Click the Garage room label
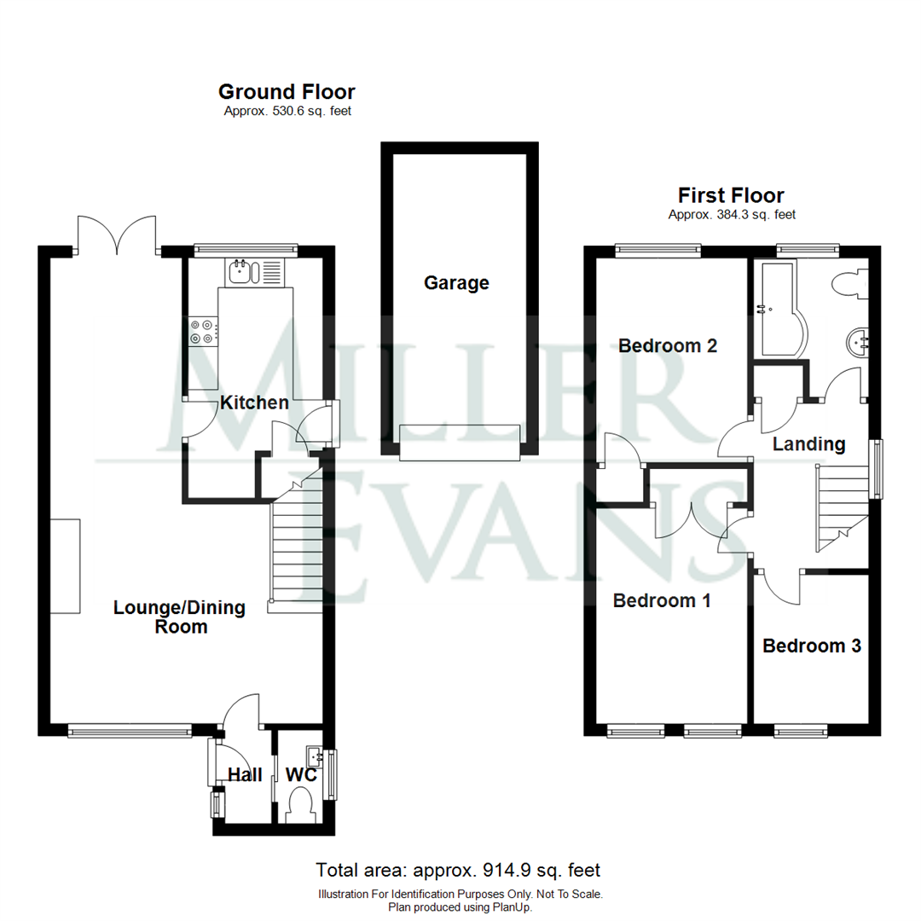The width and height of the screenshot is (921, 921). tap(456, 283)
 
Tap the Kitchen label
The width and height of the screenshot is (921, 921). tap(254, 403)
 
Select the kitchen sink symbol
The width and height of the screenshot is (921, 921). tap(254, 273)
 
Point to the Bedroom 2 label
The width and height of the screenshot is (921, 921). tap(668, 345)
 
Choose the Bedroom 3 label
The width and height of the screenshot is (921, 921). tap(812, 646)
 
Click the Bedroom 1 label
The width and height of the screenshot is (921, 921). tap(662, 601)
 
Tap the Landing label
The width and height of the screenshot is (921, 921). tap(808, 444)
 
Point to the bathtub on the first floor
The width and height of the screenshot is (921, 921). tap(780, 309)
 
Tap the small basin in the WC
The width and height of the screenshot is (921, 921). tap(314, 754)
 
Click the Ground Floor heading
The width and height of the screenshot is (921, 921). tap(287, 91)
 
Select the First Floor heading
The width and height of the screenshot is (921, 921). tap(732, 195)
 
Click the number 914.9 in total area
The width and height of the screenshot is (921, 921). tap(508, 870)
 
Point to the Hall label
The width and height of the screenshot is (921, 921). tap(245, 775)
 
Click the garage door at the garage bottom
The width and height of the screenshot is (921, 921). tap(460, 443)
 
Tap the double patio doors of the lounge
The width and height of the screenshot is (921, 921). tap(117, 235)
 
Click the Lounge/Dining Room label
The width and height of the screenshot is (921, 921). tap(180, 617)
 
